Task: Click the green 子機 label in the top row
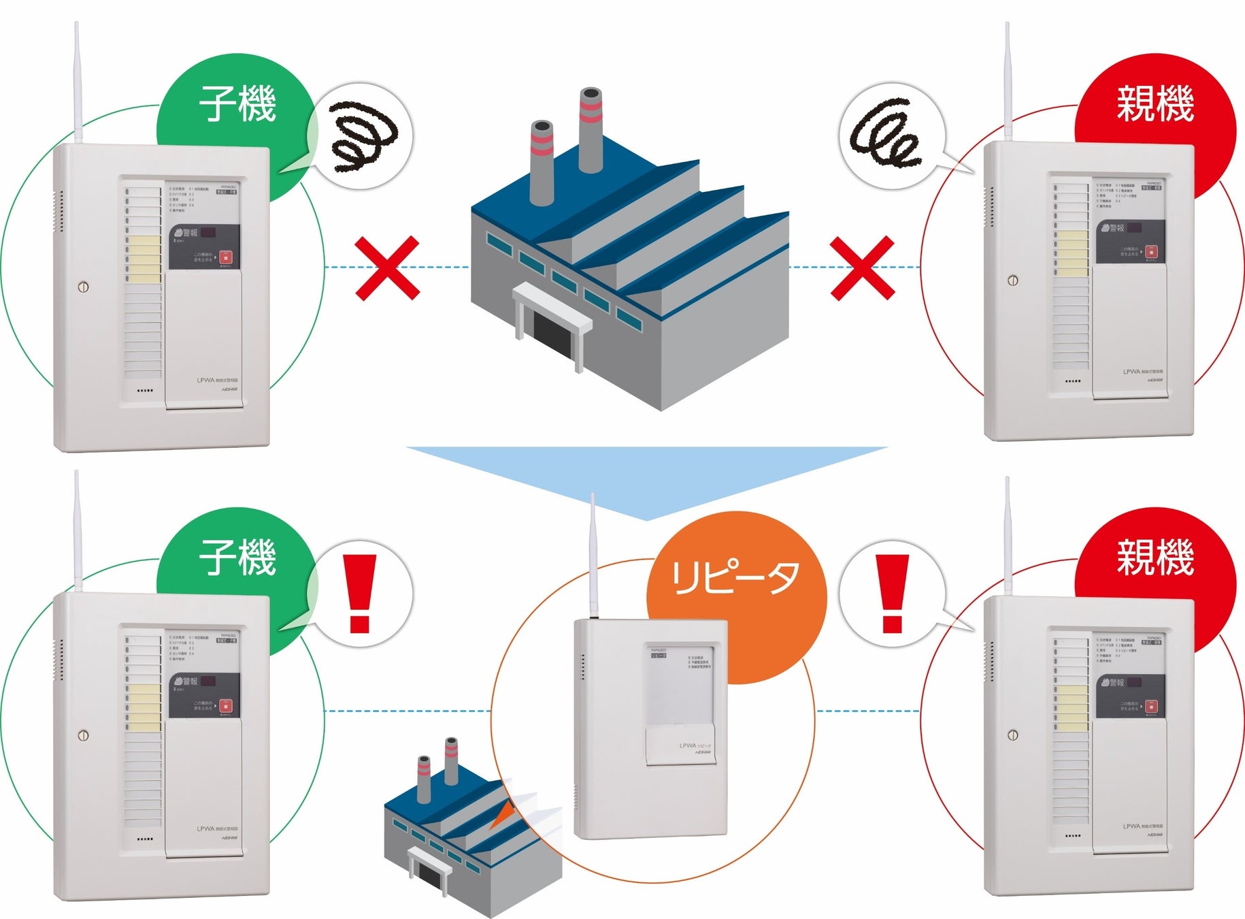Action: pyautogui.click(x=237, y=103)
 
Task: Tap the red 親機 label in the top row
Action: pyautogui.click(x=1155, y=103)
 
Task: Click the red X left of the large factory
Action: pyautogui.click(x=387, y=268)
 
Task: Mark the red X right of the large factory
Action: pyautogui.click(x=863, y=268)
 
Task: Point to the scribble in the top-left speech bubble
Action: pyautogui.click(x=363, y=136)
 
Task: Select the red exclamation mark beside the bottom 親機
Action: pyautogui.click(x=892, y=593)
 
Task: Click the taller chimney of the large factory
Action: pyautogui.click(x=590, y=129)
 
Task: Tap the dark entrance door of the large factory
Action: pyautogui.click(x=554, y=334)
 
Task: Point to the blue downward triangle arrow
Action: pyautogui.click(x=646, y=477)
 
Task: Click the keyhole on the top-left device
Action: pyautogui.click(x=83, y=287)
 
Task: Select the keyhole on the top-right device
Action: pyautogui.click(x=1012, y=280)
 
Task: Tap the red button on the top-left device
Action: pyautogui.click(x=225, y=258)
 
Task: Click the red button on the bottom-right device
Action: pyautogui.click(x=1150, y=707)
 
